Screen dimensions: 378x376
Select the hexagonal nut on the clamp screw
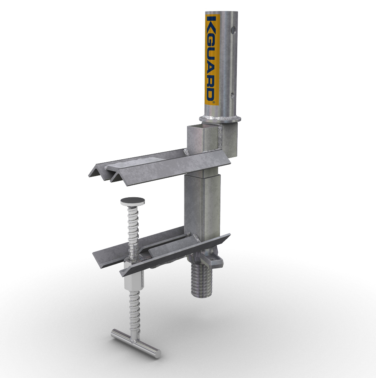coord(130,275)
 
